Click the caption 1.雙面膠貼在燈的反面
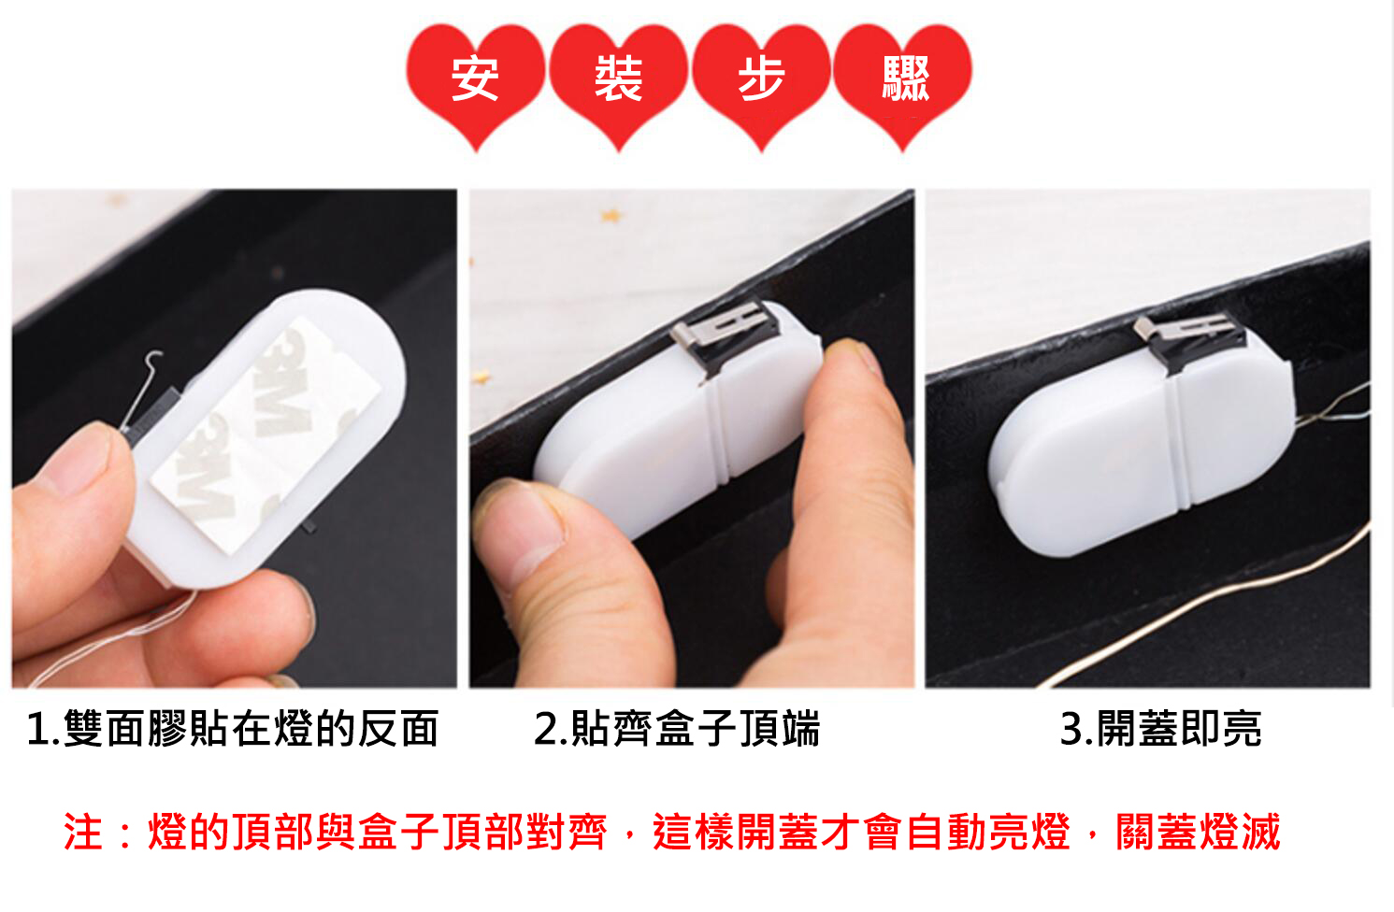[x=233, y=729]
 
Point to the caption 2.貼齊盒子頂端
[x=677, y=729]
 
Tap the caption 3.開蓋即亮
[x=1160, y=729]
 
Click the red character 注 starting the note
[x=83, y=832]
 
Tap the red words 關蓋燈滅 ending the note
[x=1198, y=832]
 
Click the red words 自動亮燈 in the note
[x=988, y=832]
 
